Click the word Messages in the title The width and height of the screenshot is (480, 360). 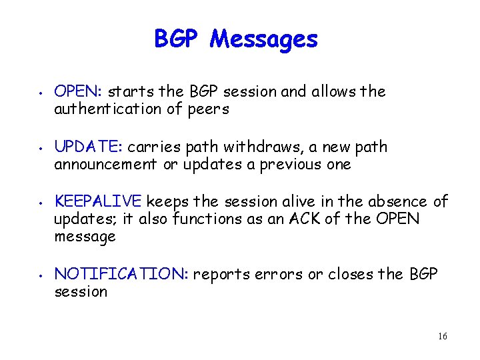tap(264, 39)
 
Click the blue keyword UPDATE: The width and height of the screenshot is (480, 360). tap(89, 147)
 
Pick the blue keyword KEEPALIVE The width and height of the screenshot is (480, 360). tap(98, 201)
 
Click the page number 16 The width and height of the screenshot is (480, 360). tap(442, 337)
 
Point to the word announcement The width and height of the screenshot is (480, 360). tap(106, 165)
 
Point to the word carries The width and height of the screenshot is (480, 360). tap(151, 147)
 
